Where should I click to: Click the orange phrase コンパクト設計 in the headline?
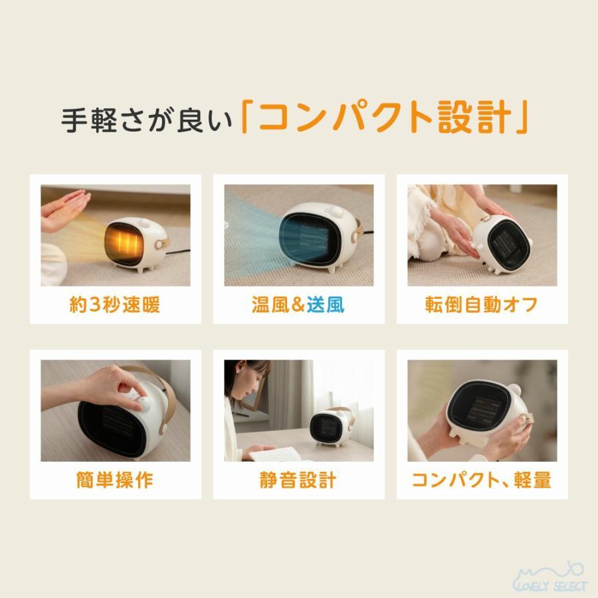point(385,117)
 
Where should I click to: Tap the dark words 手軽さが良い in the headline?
point(147,120)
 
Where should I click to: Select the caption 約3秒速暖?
point(115,304)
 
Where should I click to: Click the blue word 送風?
point(326,304)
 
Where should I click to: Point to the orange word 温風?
point(270,304)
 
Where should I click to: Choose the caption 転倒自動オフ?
point(482,304)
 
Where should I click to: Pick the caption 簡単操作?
point(115,480)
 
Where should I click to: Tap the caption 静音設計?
point(298,480)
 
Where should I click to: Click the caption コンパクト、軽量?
point(482,480)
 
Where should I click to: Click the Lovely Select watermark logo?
point(551,577)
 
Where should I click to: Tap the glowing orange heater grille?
point(124,241)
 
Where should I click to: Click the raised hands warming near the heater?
point(65,209)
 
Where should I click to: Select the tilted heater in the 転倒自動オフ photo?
point(502,245)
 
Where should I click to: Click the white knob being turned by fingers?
point(142,403)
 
